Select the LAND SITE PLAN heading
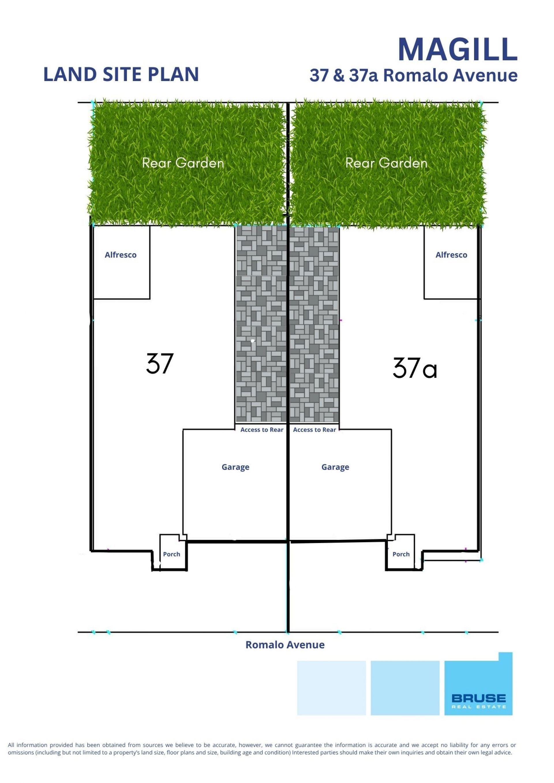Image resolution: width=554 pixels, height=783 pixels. [121, 74]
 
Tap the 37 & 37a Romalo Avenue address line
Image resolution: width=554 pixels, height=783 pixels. [413, 75]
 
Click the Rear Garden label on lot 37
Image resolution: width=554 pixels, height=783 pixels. [183, 163]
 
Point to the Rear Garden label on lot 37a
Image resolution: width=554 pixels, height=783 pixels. [386, 163]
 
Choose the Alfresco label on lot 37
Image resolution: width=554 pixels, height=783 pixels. [120, 255]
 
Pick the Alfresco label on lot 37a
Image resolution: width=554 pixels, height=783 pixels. [451, 255]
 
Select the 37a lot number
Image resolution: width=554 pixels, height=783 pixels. [415, 368]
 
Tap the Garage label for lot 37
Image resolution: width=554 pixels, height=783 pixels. [235, 467]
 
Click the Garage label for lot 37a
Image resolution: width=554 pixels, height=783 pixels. [335, 467]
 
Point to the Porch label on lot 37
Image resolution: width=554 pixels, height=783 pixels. [172, 554]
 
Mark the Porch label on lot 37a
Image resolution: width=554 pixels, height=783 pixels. [401, 554]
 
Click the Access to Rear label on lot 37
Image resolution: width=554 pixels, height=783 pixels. [262, 430]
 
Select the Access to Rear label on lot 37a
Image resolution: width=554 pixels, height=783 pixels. [315, 430]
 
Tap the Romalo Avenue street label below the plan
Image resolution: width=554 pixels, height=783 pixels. [285, 645]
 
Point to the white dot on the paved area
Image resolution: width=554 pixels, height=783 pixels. [252, 341]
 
